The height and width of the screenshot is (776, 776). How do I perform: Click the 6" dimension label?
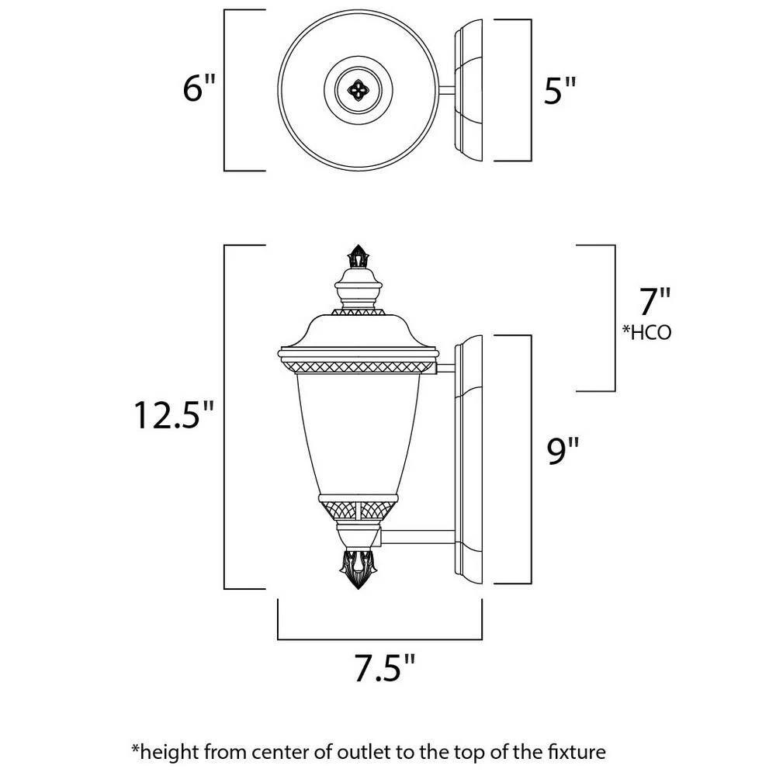pos(199,88)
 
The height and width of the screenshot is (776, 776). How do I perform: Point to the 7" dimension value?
pos(654,301)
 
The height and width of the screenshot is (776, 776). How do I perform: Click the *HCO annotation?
pos(647,333)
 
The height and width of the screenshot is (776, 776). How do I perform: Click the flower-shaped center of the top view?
pos(358,90)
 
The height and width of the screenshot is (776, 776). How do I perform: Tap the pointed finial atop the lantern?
pos(358,256)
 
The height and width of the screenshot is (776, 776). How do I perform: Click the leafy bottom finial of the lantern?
pos(358,568)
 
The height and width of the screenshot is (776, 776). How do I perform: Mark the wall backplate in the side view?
pos(469,459)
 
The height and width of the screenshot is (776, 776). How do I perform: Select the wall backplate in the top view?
pos(469,90)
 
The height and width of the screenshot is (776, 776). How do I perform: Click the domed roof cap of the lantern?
pos(359,331)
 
